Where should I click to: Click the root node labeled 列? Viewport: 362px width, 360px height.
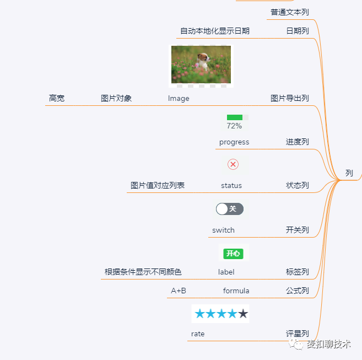349,173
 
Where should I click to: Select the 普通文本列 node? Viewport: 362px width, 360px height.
289,12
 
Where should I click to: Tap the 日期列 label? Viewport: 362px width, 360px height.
298,31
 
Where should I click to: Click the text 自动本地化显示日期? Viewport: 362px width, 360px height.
215,31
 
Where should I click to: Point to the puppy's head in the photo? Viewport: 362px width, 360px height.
203,57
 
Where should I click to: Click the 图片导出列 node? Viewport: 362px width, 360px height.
289,98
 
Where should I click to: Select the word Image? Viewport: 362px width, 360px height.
179,99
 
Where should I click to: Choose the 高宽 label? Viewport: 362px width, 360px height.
57,98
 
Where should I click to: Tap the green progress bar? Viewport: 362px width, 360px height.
235,117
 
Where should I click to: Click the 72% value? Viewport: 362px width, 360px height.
234,126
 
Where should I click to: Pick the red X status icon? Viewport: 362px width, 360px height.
233,164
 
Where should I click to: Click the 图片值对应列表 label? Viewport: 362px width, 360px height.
158,185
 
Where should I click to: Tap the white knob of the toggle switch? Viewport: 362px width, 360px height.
222,209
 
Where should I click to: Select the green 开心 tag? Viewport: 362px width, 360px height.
233,254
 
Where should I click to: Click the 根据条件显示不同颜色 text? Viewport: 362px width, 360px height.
143,272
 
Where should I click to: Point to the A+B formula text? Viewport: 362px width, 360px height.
179,291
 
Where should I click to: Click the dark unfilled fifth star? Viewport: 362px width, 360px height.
243,314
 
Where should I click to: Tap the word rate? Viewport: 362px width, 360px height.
198,334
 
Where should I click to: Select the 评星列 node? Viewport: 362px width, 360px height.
298,334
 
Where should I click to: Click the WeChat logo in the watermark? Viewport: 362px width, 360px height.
296,344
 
